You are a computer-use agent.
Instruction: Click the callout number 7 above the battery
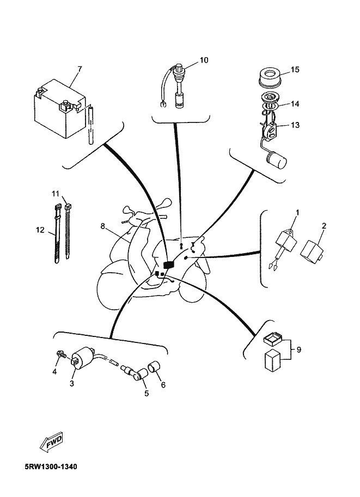(80, 69)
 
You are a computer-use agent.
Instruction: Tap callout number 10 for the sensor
(204, 60)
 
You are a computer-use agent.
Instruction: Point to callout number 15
(295, 70)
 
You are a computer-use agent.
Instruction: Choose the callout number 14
(295, 103)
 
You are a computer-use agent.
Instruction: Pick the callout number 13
(295, 125)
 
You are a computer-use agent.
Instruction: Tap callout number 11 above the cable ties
(56, 193)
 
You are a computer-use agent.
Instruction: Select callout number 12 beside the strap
(40, 230)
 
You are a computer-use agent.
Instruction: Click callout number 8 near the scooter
(102, 226)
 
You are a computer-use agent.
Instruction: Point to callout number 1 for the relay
(297, 212)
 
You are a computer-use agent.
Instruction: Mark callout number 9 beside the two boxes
(299, 349)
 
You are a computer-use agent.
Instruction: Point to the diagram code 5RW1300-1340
(51, 467)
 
